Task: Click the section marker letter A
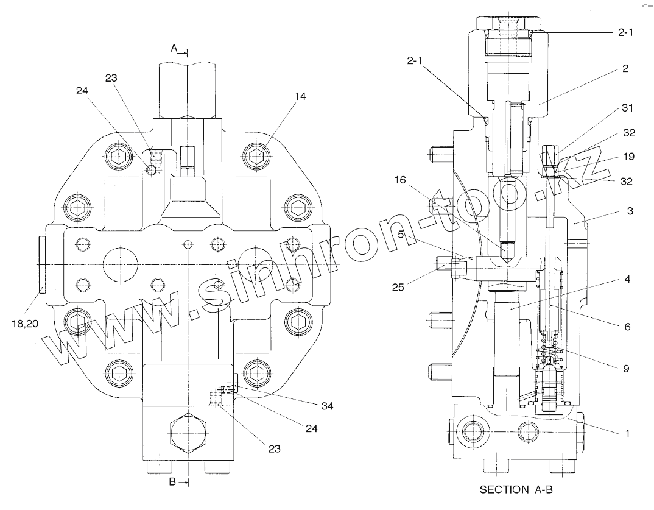click(x=174, y=47)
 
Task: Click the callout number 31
click(x=627, y=108)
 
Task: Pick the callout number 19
click(x=629, y=157)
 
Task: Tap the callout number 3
click(x=630, y=211)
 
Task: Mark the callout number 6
click(x=626, y=327)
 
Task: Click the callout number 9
click(x=627, y=368)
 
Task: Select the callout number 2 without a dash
click(x=625, y=69)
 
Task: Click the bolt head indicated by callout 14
click(x=259, y=155)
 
